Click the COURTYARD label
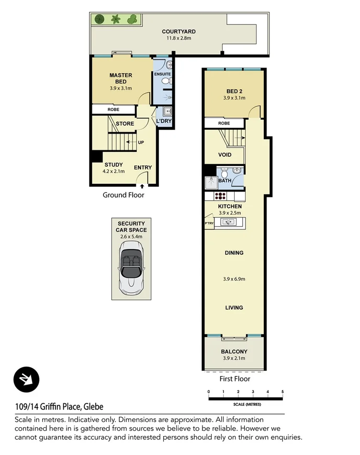(x=179, y=32)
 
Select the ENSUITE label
(x=163, y=74)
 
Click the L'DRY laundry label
(x=164, y=121)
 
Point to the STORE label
(x=125, y=124)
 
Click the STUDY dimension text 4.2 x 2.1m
(x=113, y=171)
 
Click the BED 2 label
(x=234, y=92)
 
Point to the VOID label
(x=225, y=155)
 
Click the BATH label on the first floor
(x=225, y=181)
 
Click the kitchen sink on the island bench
(x=228, y=222)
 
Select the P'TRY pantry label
(x=209, y=223)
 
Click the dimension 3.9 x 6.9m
(x=234, y=278)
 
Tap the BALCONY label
(x=234, y=352)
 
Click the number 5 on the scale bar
(x=282, y=392)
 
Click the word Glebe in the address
(x=93, y=407)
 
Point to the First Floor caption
(x=235, y=378)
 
